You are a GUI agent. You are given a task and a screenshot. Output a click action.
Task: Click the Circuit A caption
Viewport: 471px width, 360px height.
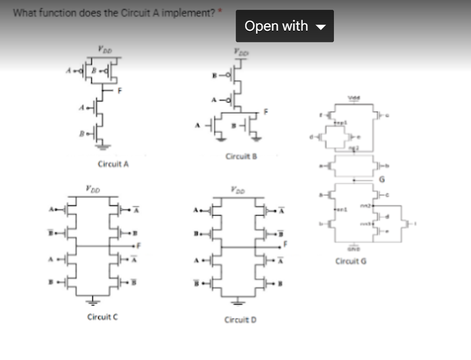point(113,164)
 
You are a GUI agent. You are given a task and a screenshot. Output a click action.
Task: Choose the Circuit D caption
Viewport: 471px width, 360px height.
point(240,319)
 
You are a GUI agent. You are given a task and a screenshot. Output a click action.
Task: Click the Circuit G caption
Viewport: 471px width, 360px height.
point(351,261)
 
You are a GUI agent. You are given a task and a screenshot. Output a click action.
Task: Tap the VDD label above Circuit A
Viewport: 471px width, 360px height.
point(102,49)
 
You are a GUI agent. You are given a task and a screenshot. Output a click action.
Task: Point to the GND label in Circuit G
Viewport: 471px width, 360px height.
point(355,248)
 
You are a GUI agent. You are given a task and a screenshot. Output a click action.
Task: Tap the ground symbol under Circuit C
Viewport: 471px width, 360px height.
point(94,301)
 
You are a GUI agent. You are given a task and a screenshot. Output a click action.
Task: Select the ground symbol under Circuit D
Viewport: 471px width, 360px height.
point(237,303)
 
